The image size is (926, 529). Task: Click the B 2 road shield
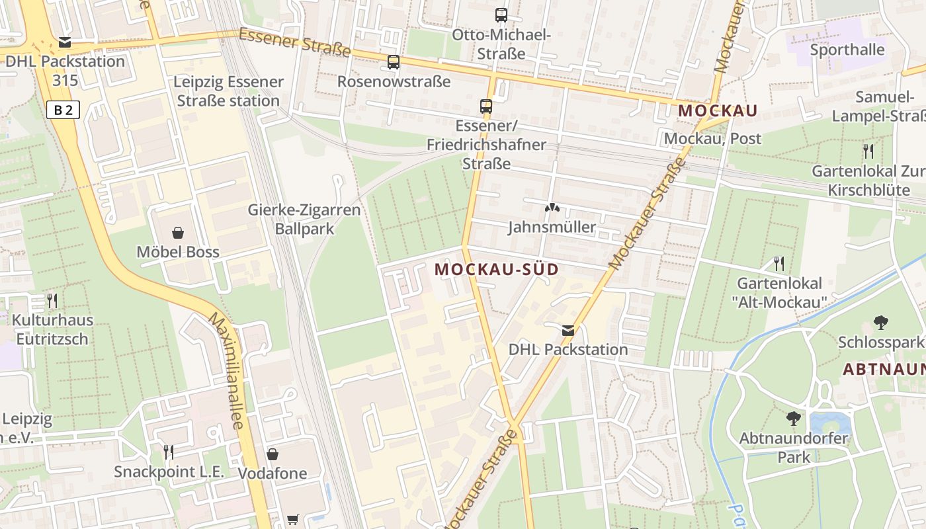point(63,110)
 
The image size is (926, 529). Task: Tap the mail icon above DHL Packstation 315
point(65,42)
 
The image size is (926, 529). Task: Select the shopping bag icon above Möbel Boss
point(178,232)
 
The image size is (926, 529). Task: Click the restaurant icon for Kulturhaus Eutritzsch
point(52,301)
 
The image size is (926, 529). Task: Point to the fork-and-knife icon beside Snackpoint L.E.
point(169,452)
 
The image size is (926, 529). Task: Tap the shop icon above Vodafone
point(272,454)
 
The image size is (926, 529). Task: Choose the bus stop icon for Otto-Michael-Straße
point(501,15)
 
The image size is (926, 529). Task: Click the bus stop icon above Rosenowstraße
point(394,62)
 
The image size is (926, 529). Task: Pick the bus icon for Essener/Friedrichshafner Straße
point(486,106)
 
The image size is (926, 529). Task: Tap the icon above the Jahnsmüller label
point(551,208)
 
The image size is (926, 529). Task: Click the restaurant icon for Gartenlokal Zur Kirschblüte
point(868,151)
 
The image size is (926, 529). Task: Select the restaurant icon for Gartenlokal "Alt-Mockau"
point(779,264)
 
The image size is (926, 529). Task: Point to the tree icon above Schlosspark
point(880,323)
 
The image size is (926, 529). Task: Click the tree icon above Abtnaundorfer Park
point(793,419)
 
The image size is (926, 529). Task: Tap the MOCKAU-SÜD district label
point(497,270)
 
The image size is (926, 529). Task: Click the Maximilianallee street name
point(226,370)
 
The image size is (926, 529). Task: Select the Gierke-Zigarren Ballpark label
point(304,220)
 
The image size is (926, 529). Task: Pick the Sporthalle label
point(847,50)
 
